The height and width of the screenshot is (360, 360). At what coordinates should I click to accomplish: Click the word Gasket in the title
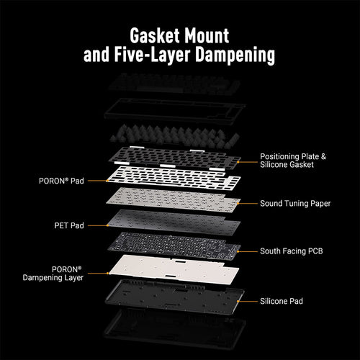(x=155, y=36)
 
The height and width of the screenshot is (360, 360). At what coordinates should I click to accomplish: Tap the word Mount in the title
(x=207, y=36)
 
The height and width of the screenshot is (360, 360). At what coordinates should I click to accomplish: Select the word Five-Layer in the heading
(x=153, y=55)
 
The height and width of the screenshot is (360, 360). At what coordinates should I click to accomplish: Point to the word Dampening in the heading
(x=235, y=55)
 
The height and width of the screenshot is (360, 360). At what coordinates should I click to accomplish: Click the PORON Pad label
(x=61, y=181)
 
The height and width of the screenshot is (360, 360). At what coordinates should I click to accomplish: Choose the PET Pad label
(x=69, y=225)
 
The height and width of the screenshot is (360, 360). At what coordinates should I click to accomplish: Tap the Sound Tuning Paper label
(x=295, y=204)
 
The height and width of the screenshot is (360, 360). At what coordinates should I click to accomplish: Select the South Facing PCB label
(x=292, y=251)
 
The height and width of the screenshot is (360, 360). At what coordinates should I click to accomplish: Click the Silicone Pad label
(x=282, y=301)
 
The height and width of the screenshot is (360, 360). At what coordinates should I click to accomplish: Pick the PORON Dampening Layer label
(x=53, y=274)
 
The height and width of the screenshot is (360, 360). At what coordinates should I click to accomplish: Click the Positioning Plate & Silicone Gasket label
(x=293, y=161)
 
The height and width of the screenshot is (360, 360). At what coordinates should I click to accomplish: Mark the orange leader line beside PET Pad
(x=98, y=225)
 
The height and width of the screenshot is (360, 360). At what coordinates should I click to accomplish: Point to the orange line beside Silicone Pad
(x=247, y=301)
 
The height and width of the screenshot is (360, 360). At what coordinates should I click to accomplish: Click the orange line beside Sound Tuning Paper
(x=247, y=204)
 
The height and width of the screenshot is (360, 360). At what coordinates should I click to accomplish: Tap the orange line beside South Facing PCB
(x=247, y=251)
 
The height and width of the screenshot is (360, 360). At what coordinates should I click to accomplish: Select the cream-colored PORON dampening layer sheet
(x=174, y=270)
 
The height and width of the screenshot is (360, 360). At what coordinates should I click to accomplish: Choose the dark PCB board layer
(x=174, y=246)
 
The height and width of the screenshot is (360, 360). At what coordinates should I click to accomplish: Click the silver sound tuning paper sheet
(x=174, y=199)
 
